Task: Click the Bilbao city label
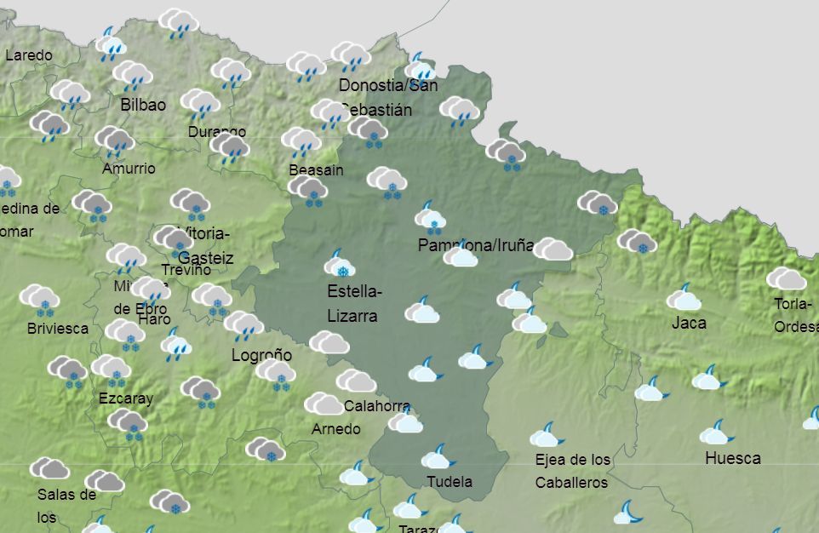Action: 143,105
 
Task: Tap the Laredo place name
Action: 28,55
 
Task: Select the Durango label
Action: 217,132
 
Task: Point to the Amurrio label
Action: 129,168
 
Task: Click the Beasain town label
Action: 316,169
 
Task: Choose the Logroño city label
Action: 261,355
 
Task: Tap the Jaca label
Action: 688,323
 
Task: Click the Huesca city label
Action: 732,458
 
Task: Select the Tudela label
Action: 449,481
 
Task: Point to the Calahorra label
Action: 376,405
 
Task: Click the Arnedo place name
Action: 335,428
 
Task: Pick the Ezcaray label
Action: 126,398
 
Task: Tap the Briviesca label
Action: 57,328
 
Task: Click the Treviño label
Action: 185,269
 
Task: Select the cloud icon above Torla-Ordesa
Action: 786,278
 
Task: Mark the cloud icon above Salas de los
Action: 49,467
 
